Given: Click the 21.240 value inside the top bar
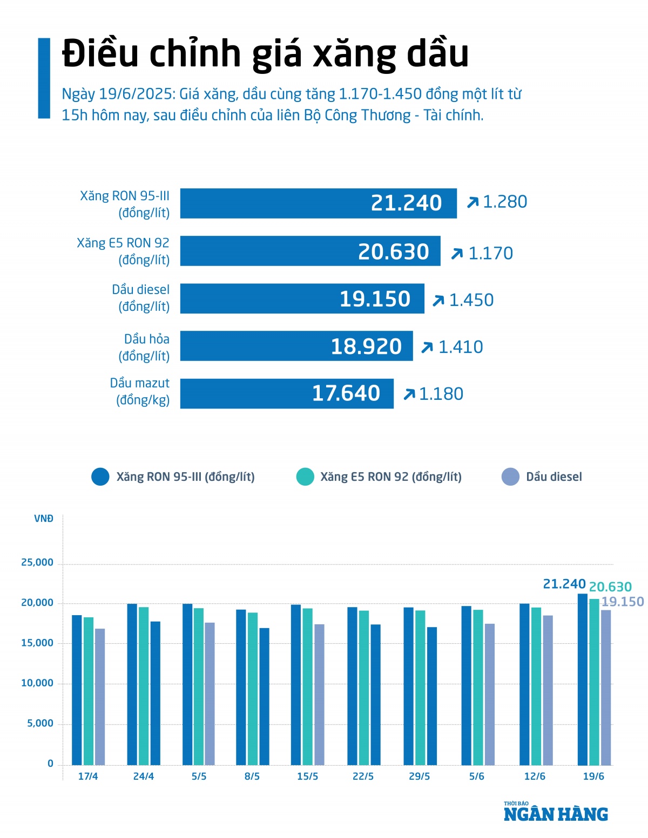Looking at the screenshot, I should pyautogui.click(x=406, y=203).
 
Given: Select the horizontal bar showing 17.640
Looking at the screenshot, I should pyautogui.click(x=286, y=393).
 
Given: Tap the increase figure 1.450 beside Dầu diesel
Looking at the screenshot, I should pyautogui.click(x=471, y=300).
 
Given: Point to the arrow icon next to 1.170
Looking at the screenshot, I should pyautogui.click(x=457, y=253).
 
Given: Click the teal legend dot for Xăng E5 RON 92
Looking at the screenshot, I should pyautogui.click(x=305, y=477).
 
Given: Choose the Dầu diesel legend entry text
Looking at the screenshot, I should pyautogui.click(x=554, y=477).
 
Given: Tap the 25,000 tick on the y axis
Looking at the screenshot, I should pyautogui.click(x=37, y=562).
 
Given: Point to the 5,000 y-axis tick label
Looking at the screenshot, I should pyautogui.click(x=40, y=723).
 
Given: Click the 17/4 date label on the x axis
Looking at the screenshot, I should pyautogui.click(x=88, y=776).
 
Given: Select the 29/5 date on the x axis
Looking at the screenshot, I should pyautogui.click(x=420, y=776).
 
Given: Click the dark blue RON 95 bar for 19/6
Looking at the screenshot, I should pyautogui.click(x=583, y=680).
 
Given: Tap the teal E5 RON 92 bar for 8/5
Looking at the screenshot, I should pyautogui.click(x=253, y=689).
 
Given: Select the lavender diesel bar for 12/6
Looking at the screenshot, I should pyautogui.click(x=548, y=690).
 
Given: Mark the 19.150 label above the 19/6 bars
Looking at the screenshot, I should pyautogui.click(x=623, y=602).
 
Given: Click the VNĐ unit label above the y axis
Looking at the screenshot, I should pyautogui.click(x=44, y=519).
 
